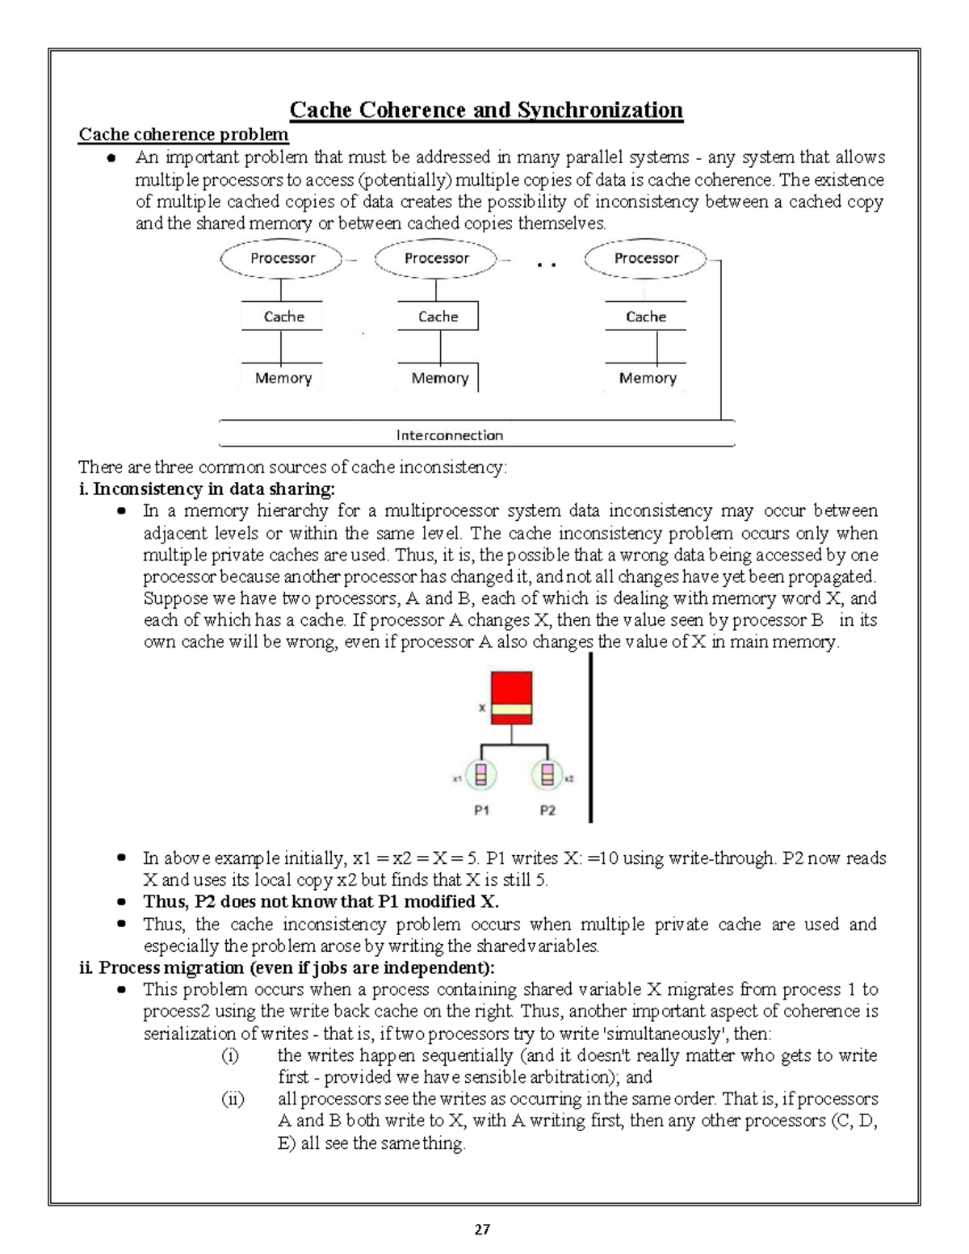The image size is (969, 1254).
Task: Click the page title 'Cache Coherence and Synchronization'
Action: (x=486, y=110)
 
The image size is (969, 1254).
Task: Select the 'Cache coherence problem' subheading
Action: (x=182, y=134)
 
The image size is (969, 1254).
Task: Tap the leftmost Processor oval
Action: (x=282, y=258)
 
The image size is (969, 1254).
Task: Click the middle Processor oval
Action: (x=436, y=258)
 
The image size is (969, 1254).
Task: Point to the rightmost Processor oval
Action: (x=646, y=258)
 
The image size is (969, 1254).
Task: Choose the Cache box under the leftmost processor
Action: (x=283, y=317)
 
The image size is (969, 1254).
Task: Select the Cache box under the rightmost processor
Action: (x=646, y=317)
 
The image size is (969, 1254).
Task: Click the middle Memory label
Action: (x=439, y=378)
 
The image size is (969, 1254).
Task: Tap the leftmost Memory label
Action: (x=283, y=378)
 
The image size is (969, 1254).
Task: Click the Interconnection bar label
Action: (x=450, y=435)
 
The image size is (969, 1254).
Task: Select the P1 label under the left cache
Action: (x=481, y=810)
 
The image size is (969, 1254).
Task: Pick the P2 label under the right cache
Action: (x=547, y=810)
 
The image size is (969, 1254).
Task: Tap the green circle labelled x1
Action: (x=481, y=776)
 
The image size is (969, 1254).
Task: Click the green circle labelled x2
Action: (x=547, y=776)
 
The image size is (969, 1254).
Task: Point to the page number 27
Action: (x=482, y=1230)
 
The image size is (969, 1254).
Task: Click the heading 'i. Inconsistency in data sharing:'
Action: (x=206, y=489)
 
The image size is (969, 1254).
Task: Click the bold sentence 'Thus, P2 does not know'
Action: (x=321, y=902)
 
